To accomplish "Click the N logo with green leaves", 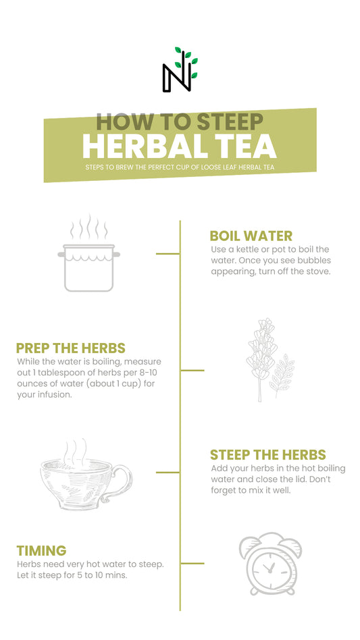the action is click(x=180, y=70).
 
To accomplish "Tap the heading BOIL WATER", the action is click(x=251, y=236).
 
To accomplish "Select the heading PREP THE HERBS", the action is click(x=71, y=348).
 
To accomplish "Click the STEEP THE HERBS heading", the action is click(x=267, y=455).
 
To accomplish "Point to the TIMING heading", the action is click(x=41, y=551).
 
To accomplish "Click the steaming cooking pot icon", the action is click(x=88, y=253).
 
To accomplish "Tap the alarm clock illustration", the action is click(x=270, y=564).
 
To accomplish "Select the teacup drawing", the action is click(x=86, y=475).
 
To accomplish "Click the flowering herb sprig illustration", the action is click(x=269, y=360).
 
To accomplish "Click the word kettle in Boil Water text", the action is click(x=251, y=249).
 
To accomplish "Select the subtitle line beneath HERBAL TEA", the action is click(x=180, y=167).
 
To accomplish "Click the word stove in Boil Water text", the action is click(x=318, y=271).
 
